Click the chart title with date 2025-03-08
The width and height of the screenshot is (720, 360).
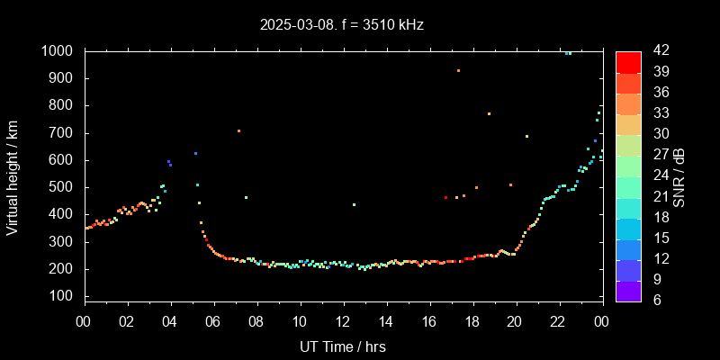341,24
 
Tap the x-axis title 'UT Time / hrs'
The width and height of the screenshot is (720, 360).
343,346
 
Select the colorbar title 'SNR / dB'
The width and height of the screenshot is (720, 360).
679,176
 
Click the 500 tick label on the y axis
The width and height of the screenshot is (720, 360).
63,187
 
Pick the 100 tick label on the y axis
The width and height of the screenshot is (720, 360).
63,296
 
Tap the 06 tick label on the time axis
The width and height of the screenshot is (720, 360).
213,321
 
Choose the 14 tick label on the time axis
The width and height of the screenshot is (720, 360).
385,321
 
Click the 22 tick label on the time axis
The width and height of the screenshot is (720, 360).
558,321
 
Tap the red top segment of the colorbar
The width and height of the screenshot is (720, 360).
628,61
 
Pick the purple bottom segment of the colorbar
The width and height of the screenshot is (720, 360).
628,290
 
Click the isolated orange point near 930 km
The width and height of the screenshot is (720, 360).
458,70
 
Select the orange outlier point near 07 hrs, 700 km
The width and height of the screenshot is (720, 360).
238,131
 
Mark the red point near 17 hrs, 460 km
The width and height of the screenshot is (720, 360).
445,197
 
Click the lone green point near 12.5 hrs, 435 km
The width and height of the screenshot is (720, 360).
354,204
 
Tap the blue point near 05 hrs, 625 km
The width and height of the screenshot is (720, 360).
195,153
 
